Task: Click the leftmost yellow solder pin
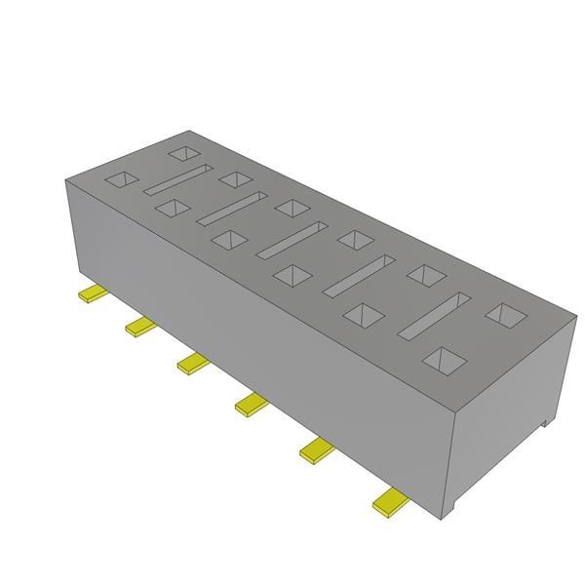(94, 292)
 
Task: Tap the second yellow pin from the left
(140, 326)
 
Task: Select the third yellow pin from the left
(193, 364)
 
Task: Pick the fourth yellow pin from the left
(252, 404)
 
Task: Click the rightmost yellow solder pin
(390, 502)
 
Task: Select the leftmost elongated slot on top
(177, 181)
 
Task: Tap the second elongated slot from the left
(235, 208)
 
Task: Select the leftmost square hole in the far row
(181, 152)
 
